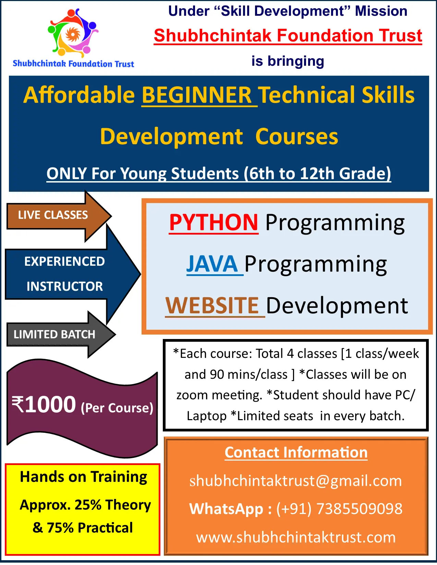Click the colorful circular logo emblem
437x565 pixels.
(x=73, y=33)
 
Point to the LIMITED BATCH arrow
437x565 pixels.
(x=61, y=334)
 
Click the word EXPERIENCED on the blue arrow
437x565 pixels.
(x=64, y=261)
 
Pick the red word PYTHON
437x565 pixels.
(x=214, y=223)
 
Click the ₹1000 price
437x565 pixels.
(x=44, y=405)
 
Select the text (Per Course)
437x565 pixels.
(x=117, y=408)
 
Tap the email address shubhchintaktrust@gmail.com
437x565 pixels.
(x=296, y=481)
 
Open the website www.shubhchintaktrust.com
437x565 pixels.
(x=296, y=537)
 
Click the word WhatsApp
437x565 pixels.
(x=226, y=509)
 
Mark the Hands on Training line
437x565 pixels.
(x=84, y=477)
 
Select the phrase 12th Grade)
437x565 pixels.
(x=345, y=173)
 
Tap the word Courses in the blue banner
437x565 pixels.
(x=297, y=137)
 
